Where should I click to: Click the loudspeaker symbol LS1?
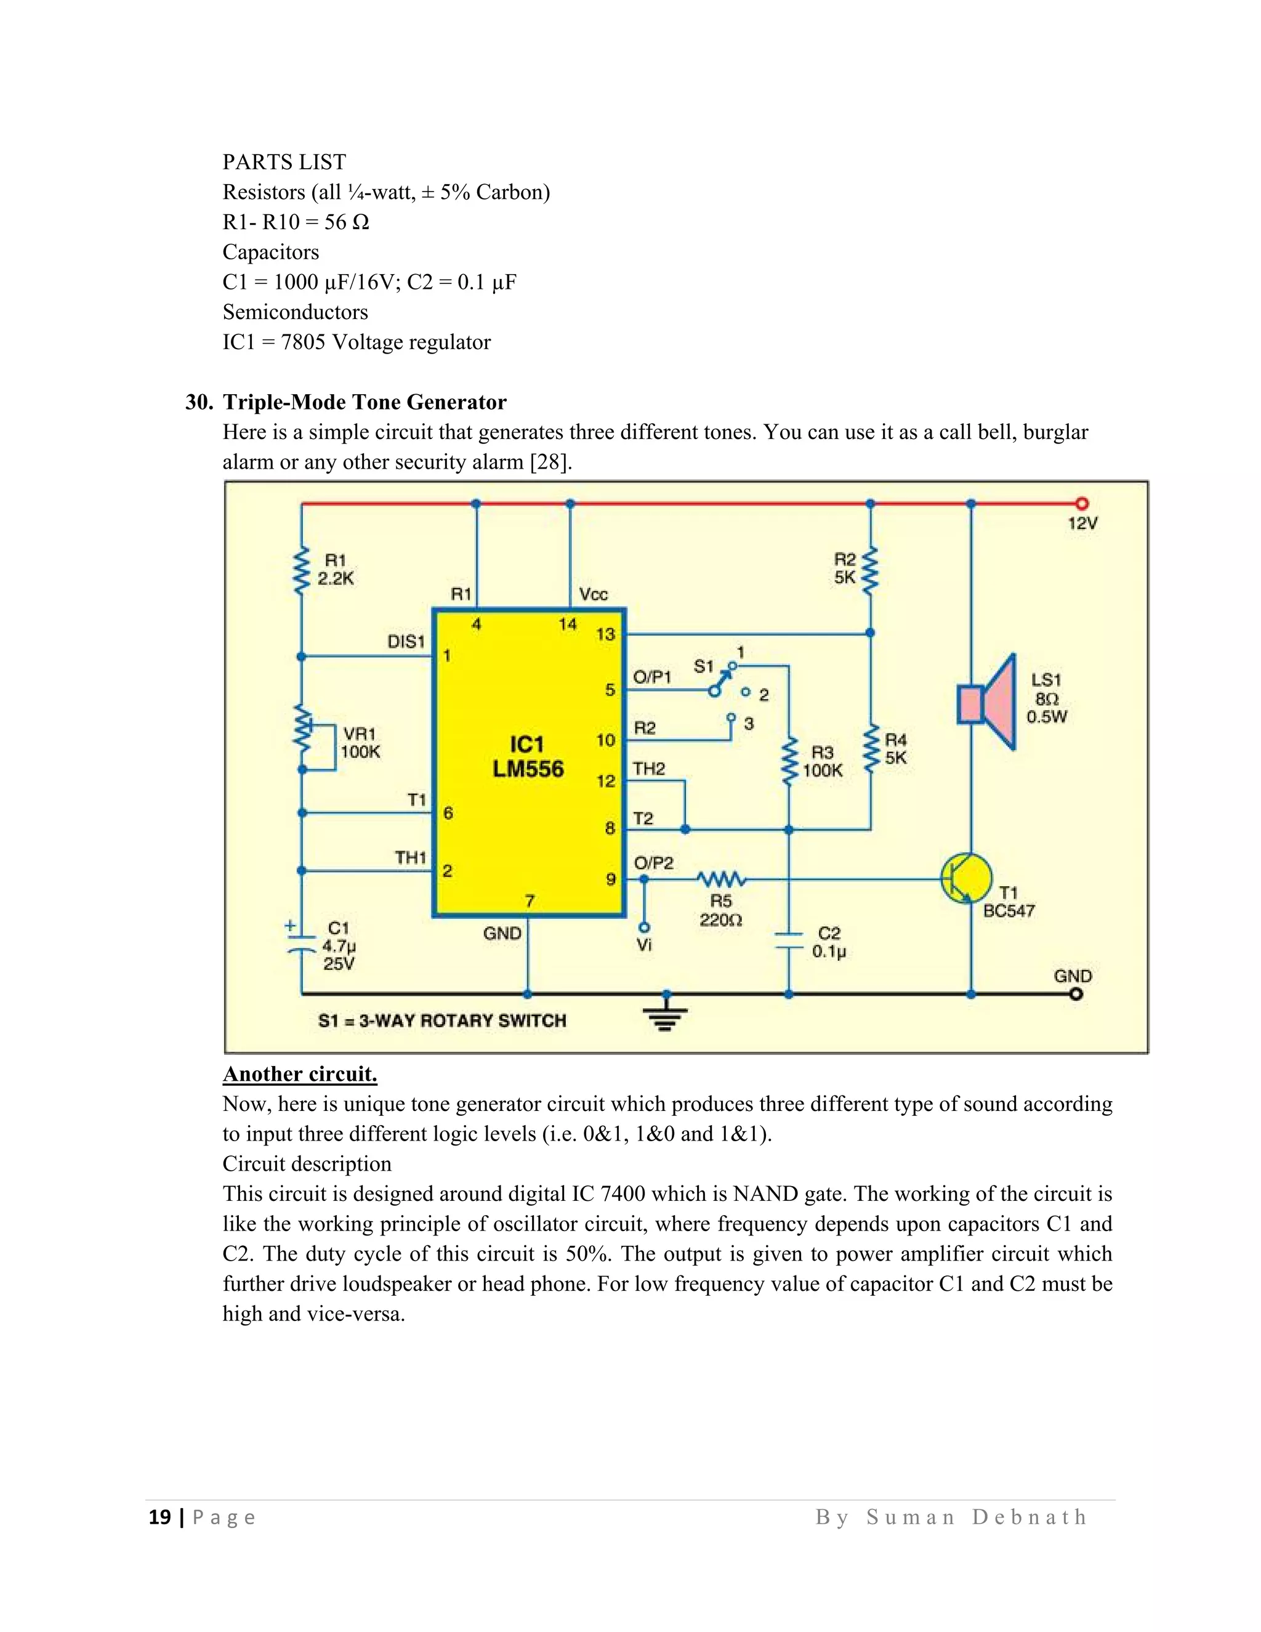(x=988, y=703)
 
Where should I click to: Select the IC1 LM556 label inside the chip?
(x=528, y=756)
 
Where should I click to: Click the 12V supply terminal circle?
(x=1081, y=504)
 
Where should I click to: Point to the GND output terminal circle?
(x=1076, y=994)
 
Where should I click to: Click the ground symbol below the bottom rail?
(x=666, y=1015)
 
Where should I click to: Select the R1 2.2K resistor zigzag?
(x=302, y=570)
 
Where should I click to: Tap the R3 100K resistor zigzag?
(x=788, y=761)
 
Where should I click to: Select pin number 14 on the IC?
(x=568, y=624)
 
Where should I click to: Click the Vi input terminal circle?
(x=645, y=927)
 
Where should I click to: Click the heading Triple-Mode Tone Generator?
(x=365, y=402)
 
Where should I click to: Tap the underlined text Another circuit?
(x=300, y=1074)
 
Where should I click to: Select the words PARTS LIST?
(x=284, y=162)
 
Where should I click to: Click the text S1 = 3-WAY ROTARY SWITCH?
(x=441, y=1020)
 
